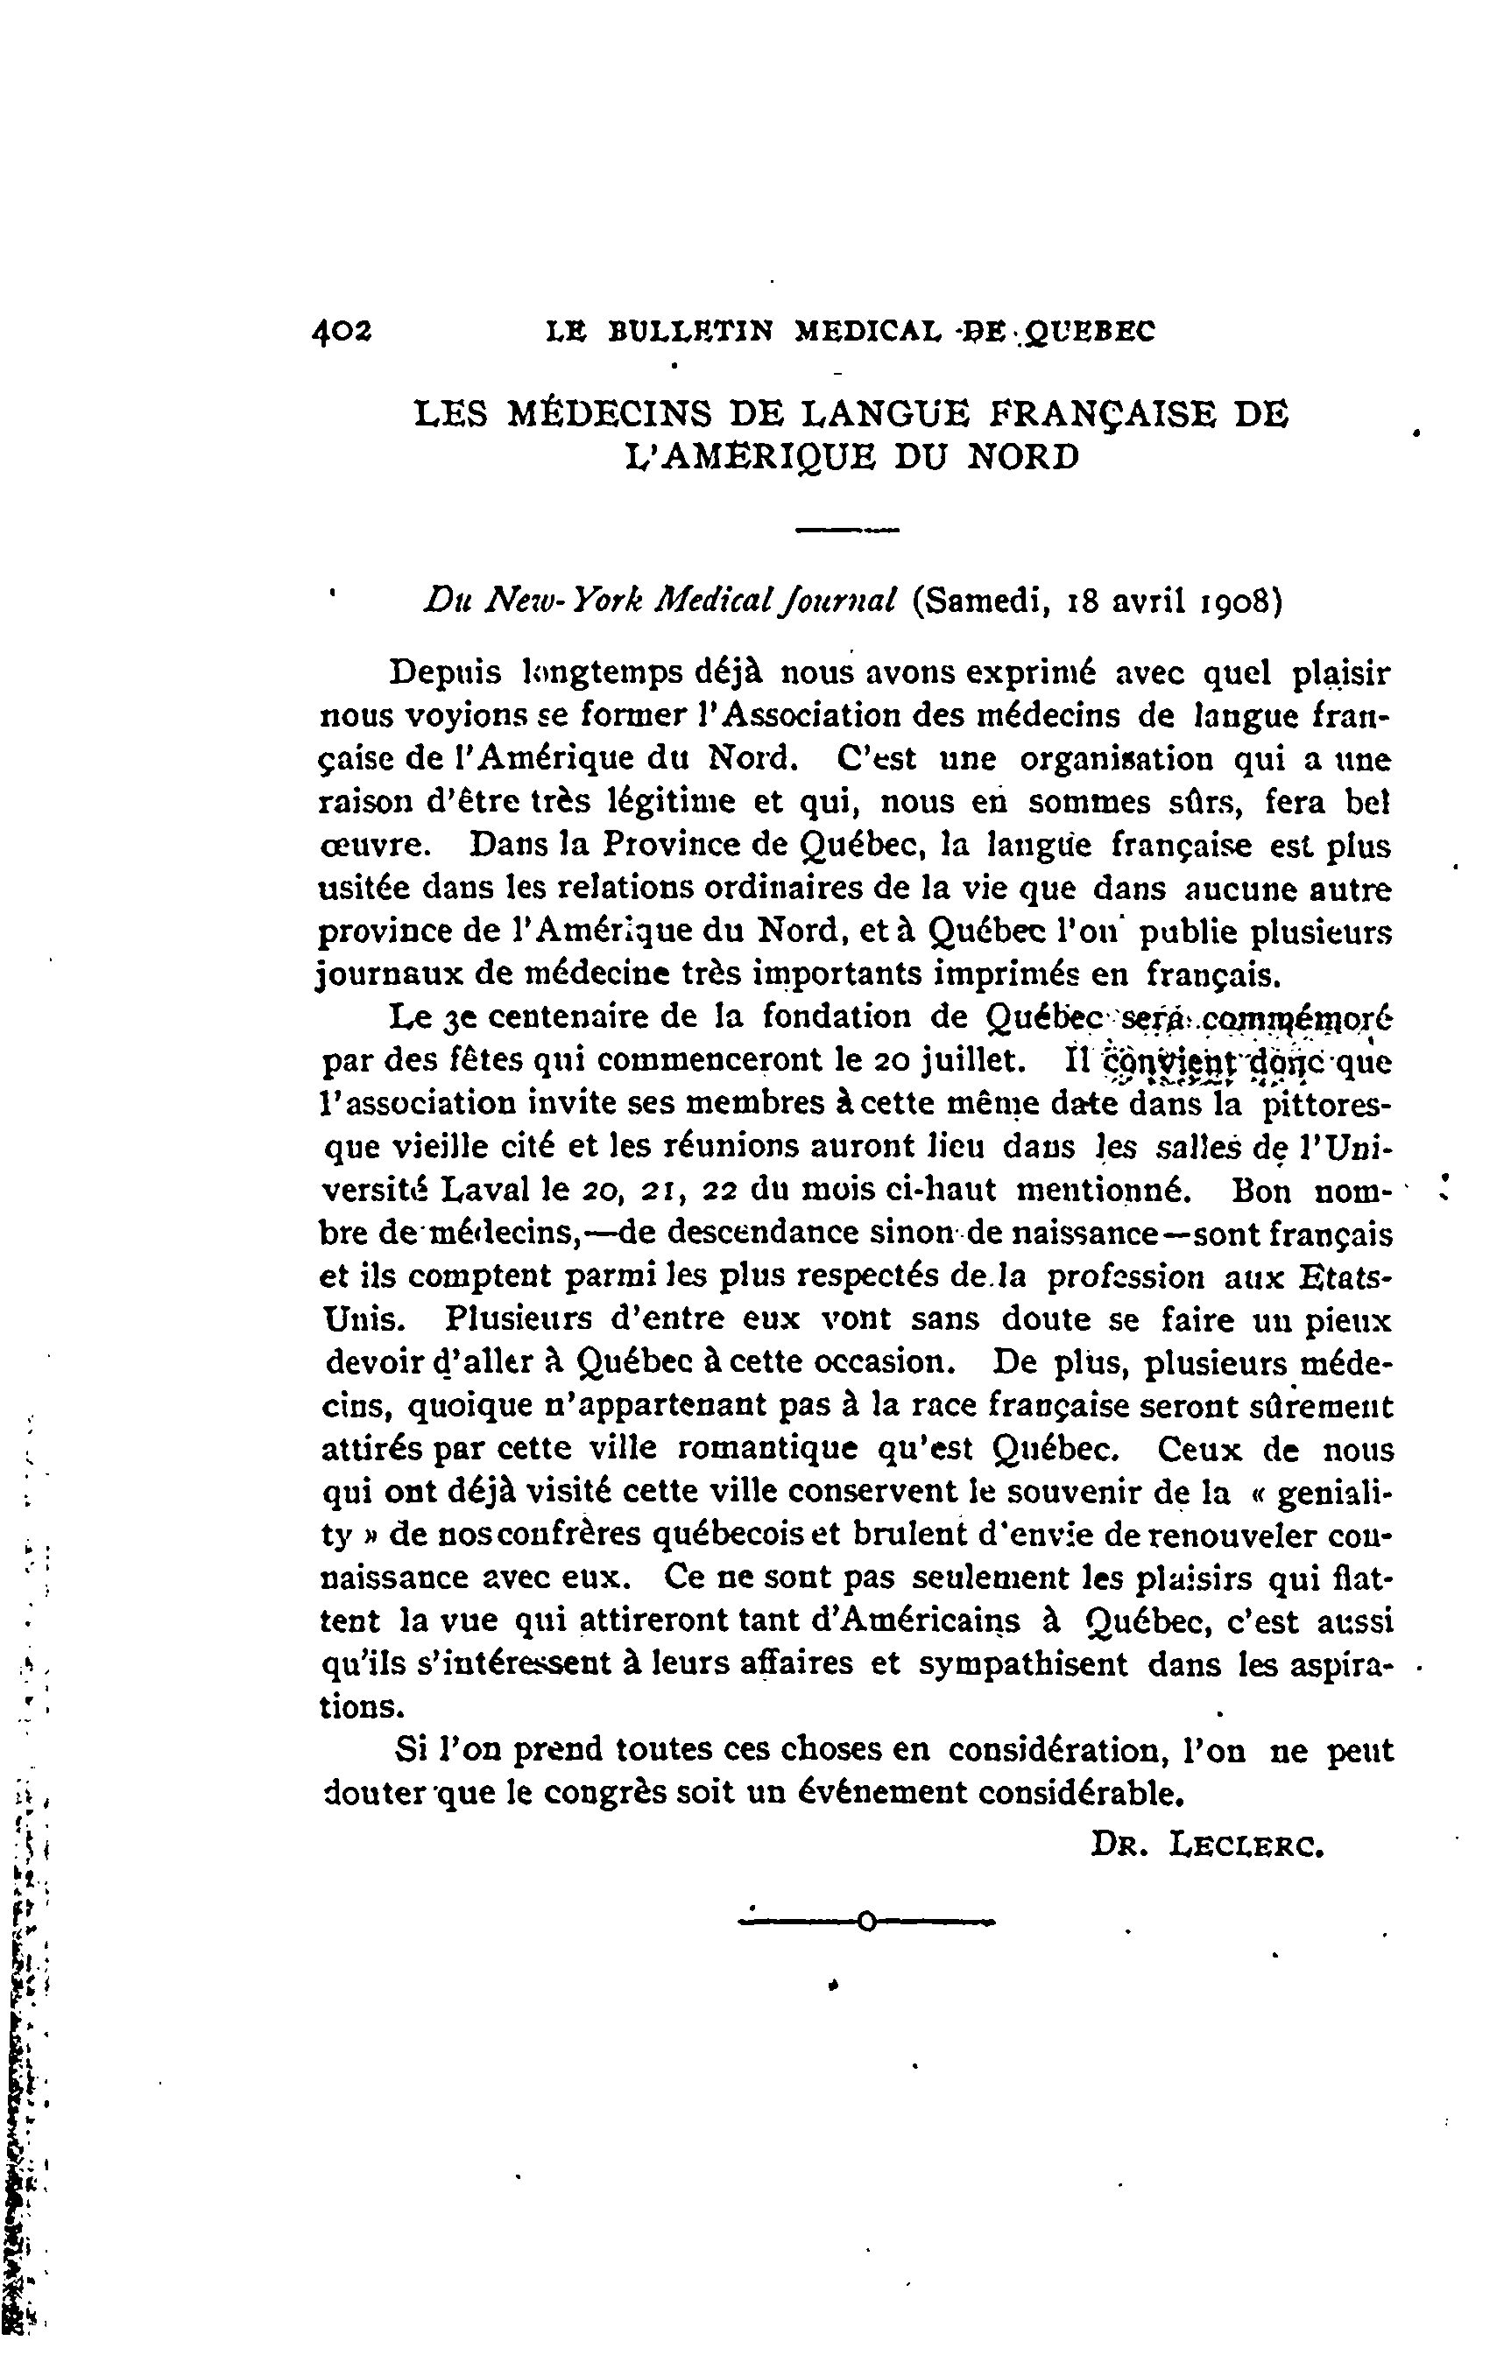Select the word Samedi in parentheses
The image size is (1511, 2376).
pos(981,601)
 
